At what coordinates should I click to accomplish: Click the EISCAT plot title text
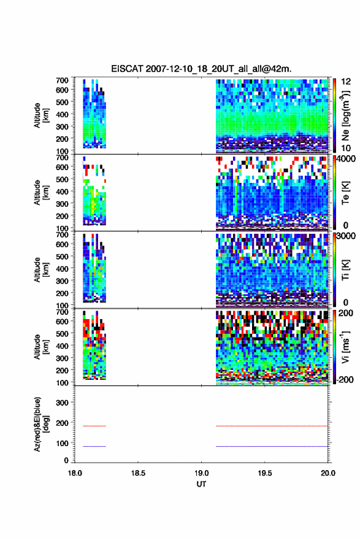pos(201,69)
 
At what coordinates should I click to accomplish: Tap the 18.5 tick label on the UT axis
pos(138,473)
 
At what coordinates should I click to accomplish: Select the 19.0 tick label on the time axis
pos(201,473)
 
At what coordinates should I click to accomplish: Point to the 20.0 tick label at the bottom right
pos(328,473)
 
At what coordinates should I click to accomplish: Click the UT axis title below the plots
pos(201,484)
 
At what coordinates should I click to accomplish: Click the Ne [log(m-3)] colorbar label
pos(345,116)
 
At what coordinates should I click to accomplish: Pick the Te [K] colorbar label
pos(345,193)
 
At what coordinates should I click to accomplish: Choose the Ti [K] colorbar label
pos(345,270)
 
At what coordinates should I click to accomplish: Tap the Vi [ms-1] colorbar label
pos(345,347)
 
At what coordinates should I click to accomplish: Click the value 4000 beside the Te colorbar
pos(345,159)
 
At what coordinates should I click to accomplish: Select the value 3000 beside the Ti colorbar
pos(345,236)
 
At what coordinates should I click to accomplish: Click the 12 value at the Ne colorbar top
pos(346,82)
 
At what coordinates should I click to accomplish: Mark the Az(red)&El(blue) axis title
pos(41,424)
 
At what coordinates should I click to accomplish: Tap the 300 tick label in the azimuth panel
pos(63,403)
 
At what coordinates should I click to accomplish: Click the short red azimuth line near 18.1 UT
pos(94,426)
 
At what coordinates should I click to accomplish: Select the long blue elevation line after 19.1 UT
pos(272,446)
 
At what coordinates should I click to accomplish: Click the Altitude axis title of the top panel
pos(41,115)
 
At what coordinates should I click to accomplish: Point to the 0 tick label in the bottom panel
pos(66,460)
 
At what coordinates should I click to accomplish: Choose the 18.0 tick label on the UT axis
pos(75,473)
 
